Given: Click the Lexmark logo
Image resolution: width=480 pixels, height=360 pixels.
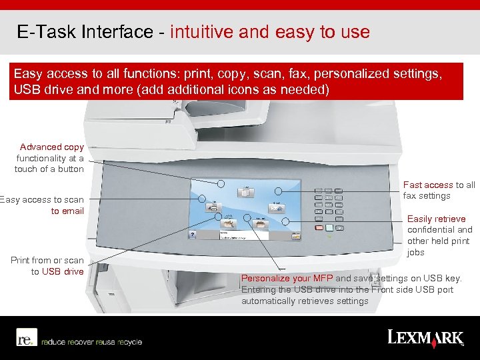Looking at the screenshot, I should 425,337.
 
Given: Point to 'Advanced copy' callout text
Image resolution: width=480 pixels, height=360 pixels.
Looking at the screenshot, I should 52,147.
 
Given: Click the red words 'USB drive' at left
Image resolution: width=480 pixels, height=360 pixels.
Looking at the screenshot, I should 63,271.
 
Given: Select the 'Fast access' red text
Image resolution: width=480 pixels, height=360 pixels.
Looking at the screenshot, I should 428,185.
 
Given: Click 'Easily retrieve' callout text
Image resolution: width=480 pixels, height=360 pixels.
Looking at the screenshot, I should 437,219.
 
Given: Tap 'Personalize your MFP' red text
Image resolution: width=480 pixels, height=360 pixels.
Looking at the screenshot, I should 287,278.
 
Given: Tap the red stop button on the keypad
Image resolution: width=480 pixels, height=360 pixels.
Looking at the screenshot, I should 319,228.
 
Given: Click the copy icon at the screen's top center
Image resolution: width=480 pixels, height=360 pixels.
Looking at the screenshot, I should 245,193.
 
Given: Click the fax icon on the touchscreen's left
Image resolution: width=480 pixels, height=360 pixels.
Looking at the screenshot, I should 213,207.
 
